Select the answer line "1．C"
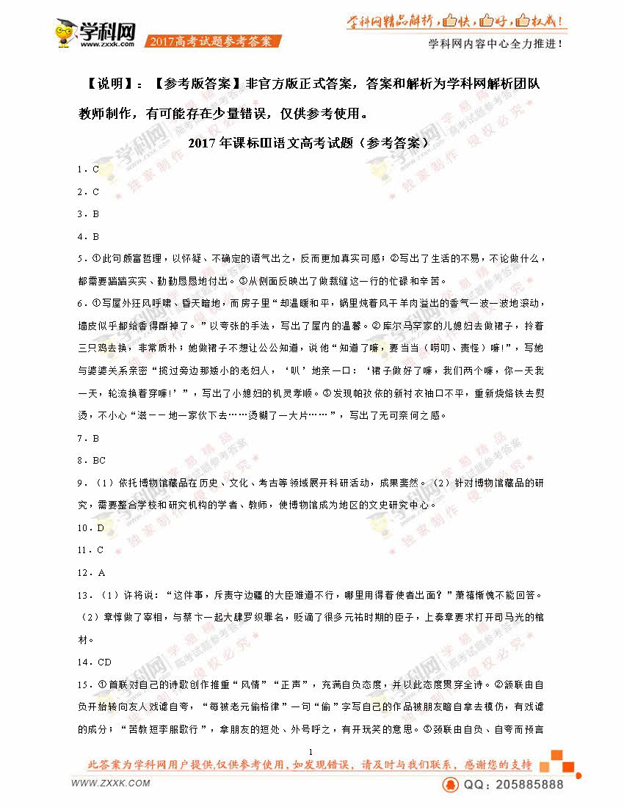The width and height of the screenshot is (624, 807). [87, 169]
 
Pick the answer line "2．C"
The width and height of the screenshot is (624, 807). [87, 192]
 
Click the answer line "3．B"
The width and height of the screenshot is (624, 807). [87, 214]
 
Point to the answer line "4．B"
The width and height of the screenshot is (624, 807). [87, 236]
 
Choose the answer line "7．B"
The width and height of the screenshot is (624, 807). [87, 438]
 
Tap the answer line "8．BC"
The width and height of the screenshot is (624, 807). [91, 461]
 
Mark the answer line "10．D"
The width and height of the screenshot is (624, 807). [90, 527]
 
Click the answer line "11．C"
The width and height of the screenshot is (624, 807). [90, 549]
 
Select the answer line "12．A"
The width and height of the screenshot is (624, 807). [90, 572]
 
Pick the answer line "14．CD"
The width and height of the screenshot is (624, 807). [94, 662]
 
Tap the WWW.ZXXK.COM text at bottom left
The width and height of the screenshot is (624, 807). [110, 783]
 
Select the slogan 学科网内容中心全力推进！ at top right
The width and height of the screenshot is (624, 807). [496, 43]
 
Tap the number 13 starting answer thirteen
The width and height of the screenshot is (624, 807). [82, 595]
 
